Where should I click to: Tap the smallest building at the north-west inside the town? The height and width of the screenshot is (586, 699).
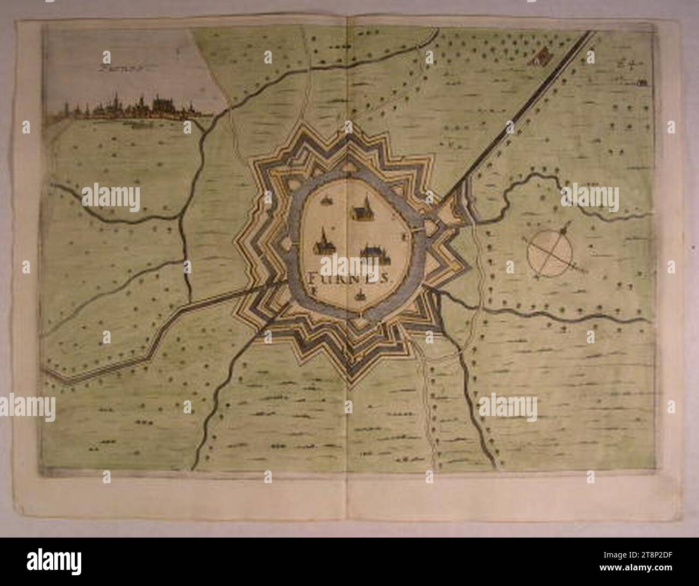pos(326,201)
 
